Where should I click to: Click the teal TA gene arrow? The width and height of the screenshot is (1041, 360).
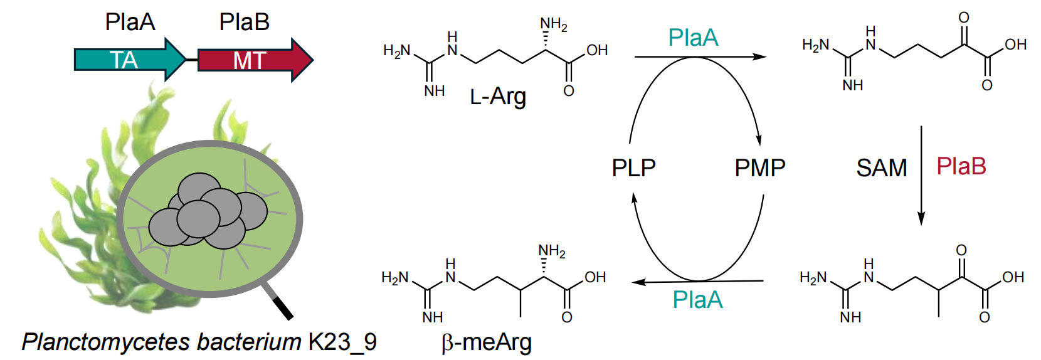(130, 60)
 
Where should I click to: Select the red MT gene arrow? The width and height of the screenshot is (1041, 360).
(256, 60)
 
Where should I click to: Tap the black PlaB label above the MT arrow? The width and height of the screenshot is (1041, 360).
(245, 22)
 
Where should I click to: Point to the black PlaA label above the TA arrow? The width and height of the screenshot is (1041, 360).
(130, 22)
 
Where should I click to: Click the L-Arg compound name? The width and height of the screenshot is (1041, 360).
(498, 97)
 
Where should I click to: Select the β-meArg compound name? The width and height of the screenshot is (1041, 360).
(487, 343)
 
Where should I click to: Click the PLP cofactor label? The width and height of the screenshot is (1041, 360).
(633, 167)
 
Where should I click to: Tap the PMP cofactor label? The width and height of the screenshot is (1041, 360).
(760, 167)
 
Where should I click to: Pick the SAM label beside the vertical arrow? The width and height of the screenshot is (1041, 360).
(882, 167)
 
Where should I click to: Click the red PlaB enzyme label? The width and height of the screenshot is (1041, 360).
(961, 166)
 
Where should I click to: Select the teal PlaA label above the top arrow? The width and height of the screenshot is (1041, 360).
(694, 38)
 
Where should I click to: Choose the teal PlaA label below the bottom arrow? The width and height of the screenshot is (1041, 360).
(697, 300)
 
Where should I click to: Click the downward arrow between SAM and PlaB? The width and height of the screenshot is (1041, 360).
(921, 176)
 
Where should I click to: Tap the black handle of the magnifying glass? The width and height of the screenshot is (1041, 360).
(283, 309)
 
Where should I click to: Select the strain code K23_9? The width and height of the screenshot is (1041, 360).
(342, 342)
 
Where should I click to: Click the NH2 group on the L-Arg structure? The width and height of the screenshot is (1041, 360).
(554, 24)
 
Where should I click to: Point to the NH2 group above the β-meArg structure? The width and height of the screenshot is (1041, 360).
(552, 251)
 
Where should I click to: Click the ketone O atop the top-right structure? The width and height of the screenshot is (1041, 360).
(964, 18)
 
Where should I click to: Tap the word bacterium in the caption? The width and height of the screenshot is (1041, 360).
(249, 342)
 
